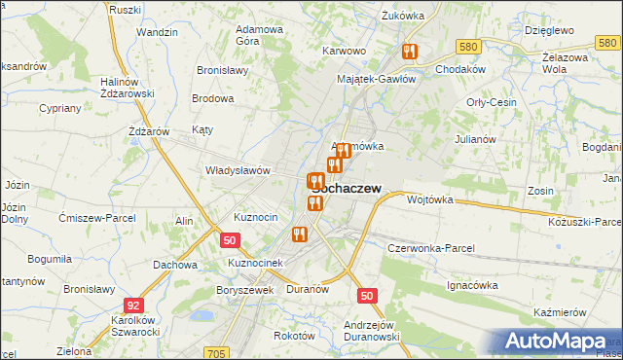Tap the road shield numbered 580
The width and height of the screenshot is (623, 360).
point(468,47)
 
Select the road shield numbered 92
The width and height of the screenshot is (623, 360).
point(134,305)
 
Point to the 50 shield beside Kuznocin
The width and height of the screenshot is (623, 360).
point(229,239)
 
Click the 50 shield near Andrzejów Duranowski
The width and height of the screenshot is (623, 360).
point(366,295)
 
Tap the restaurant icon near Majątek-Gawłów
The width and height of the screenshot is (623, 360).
point(409,52)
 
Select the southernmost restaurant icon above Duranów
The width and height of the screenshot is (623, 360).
point(300,234)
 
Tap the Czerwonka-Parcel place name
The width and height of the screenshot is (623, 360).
point(430,248)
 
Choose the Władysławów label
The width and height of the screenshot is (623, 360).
point(237,170)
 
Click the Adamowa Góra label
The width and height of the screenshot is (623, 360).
point(260,36)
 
